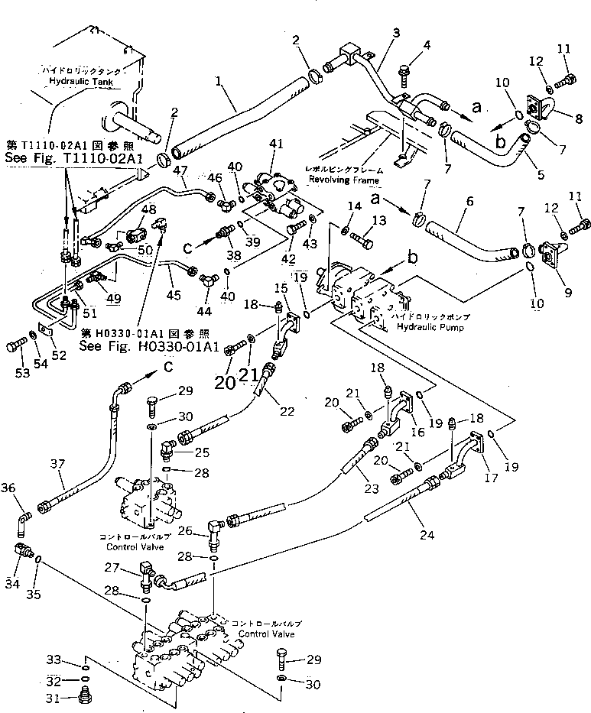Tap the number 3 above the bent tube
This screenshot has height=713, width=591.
pos(396,33)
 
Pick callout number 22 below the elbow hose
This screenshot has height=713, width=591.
pos(286,411)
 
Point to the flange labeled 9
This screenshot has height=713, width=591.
pos(550,254)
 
